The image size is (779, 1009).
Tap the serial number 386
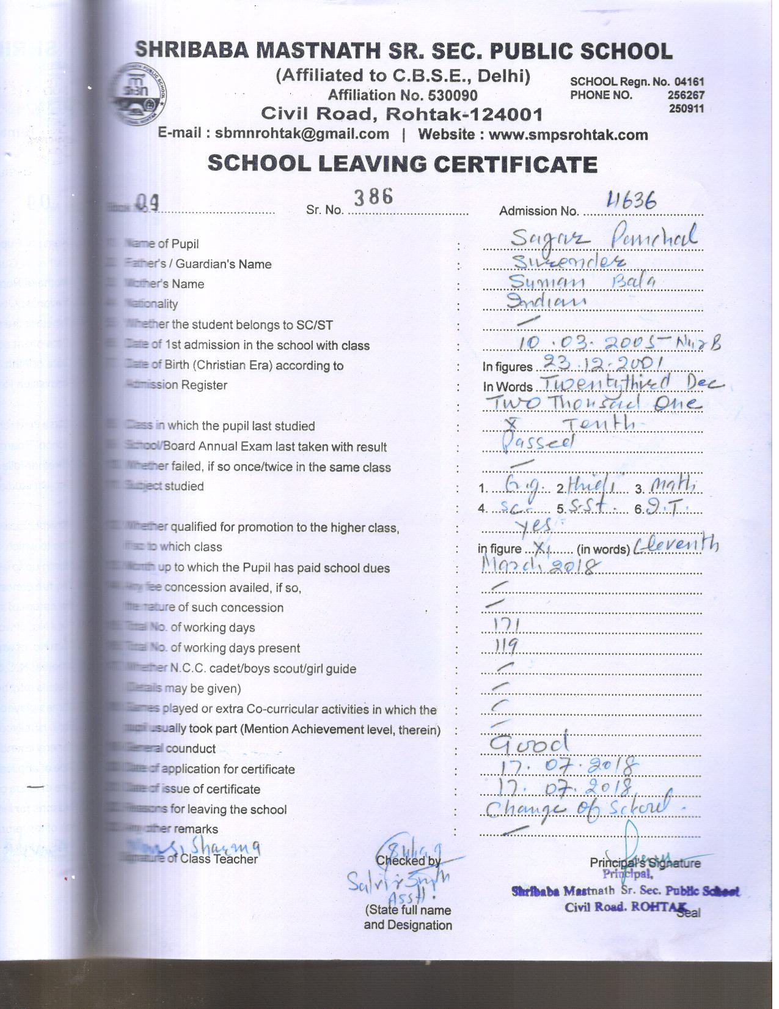click(373, 197)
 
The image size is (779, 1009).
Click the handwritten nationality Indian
click(547, 300)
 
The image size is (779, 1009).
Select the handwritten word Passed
click(538, 443)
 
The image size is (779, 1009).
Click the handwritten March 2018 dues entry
click(538, 566)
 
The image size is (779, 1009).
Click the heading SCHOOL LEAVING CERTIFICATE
click(402, 164)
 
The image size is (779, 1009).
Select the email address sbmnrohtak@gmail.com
click(302, 134)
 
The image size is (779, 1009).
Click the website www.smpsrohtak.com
click(568, 135)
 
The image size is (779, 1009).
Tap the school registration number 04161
click(689, 82)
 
